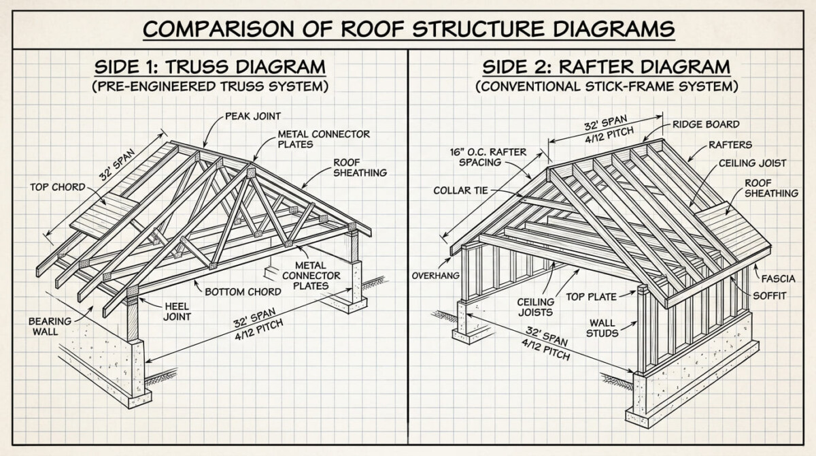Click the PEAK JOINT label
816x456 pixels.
tap(253, 116)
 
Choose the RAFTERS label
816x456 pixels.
tap(730, 144)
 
